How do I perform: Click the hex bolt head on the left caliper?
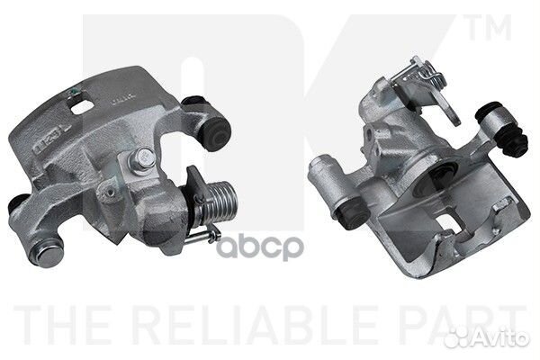click(x=140, y=159)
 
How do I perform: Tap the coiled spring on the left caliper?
click(x=217, y=202)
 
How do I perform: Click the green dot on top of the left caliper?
click(x=73, y=92)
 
